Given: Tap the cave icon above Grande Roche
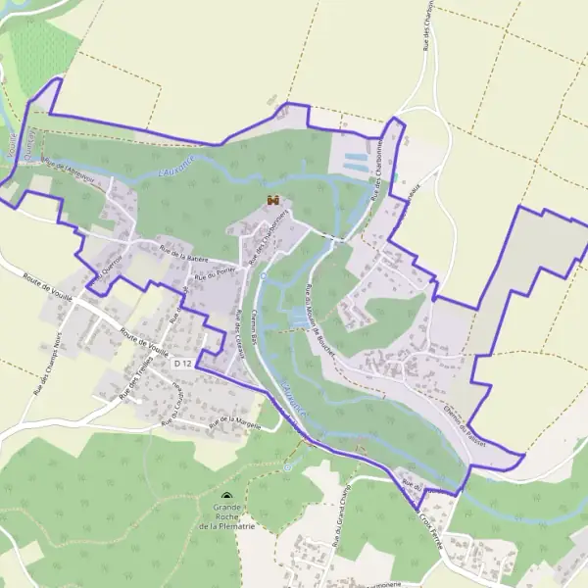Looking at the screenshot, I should [227, 498].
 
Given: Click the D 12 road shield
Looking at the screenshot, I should [181, 364].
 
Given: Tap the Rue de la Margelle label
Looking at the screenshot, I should [233, 422].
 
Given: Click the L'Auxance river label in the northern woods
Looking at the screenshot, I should [177, 169].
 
